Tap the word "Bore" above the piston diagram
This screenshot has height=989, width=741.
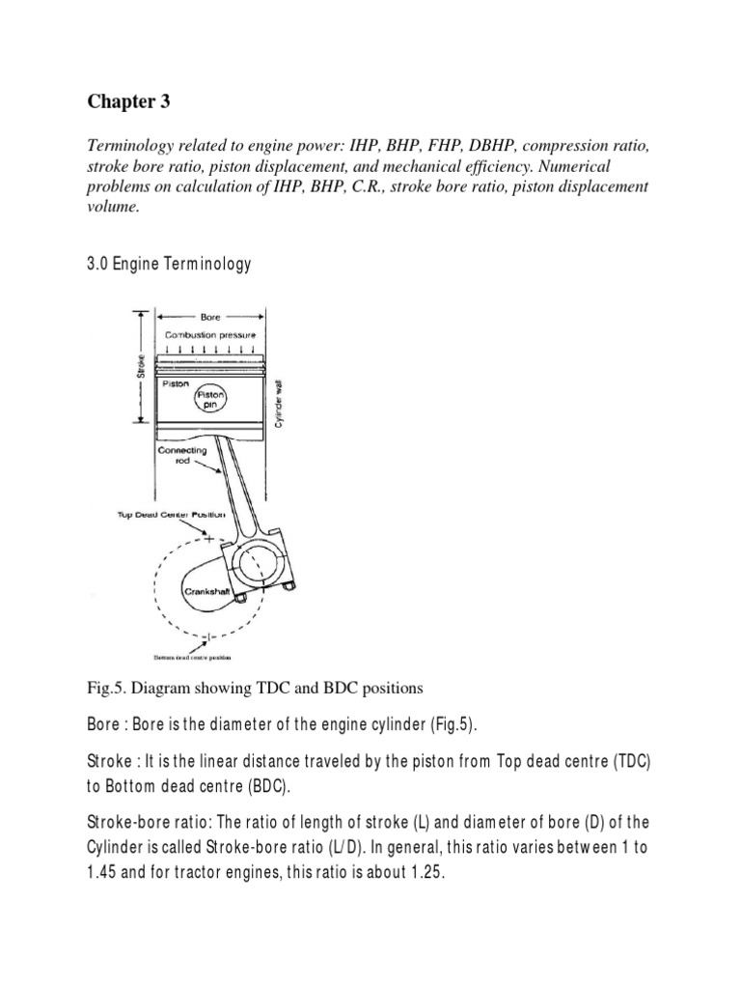(x=209, y=316)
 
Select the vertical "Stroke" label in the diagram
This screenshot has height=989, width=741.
(x=142, y=367)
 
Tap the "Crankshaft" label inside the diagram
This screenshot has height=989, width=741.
(x=207, y=590)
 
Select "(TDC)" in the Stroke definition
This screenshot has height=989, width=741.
(x=629, y=761)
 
